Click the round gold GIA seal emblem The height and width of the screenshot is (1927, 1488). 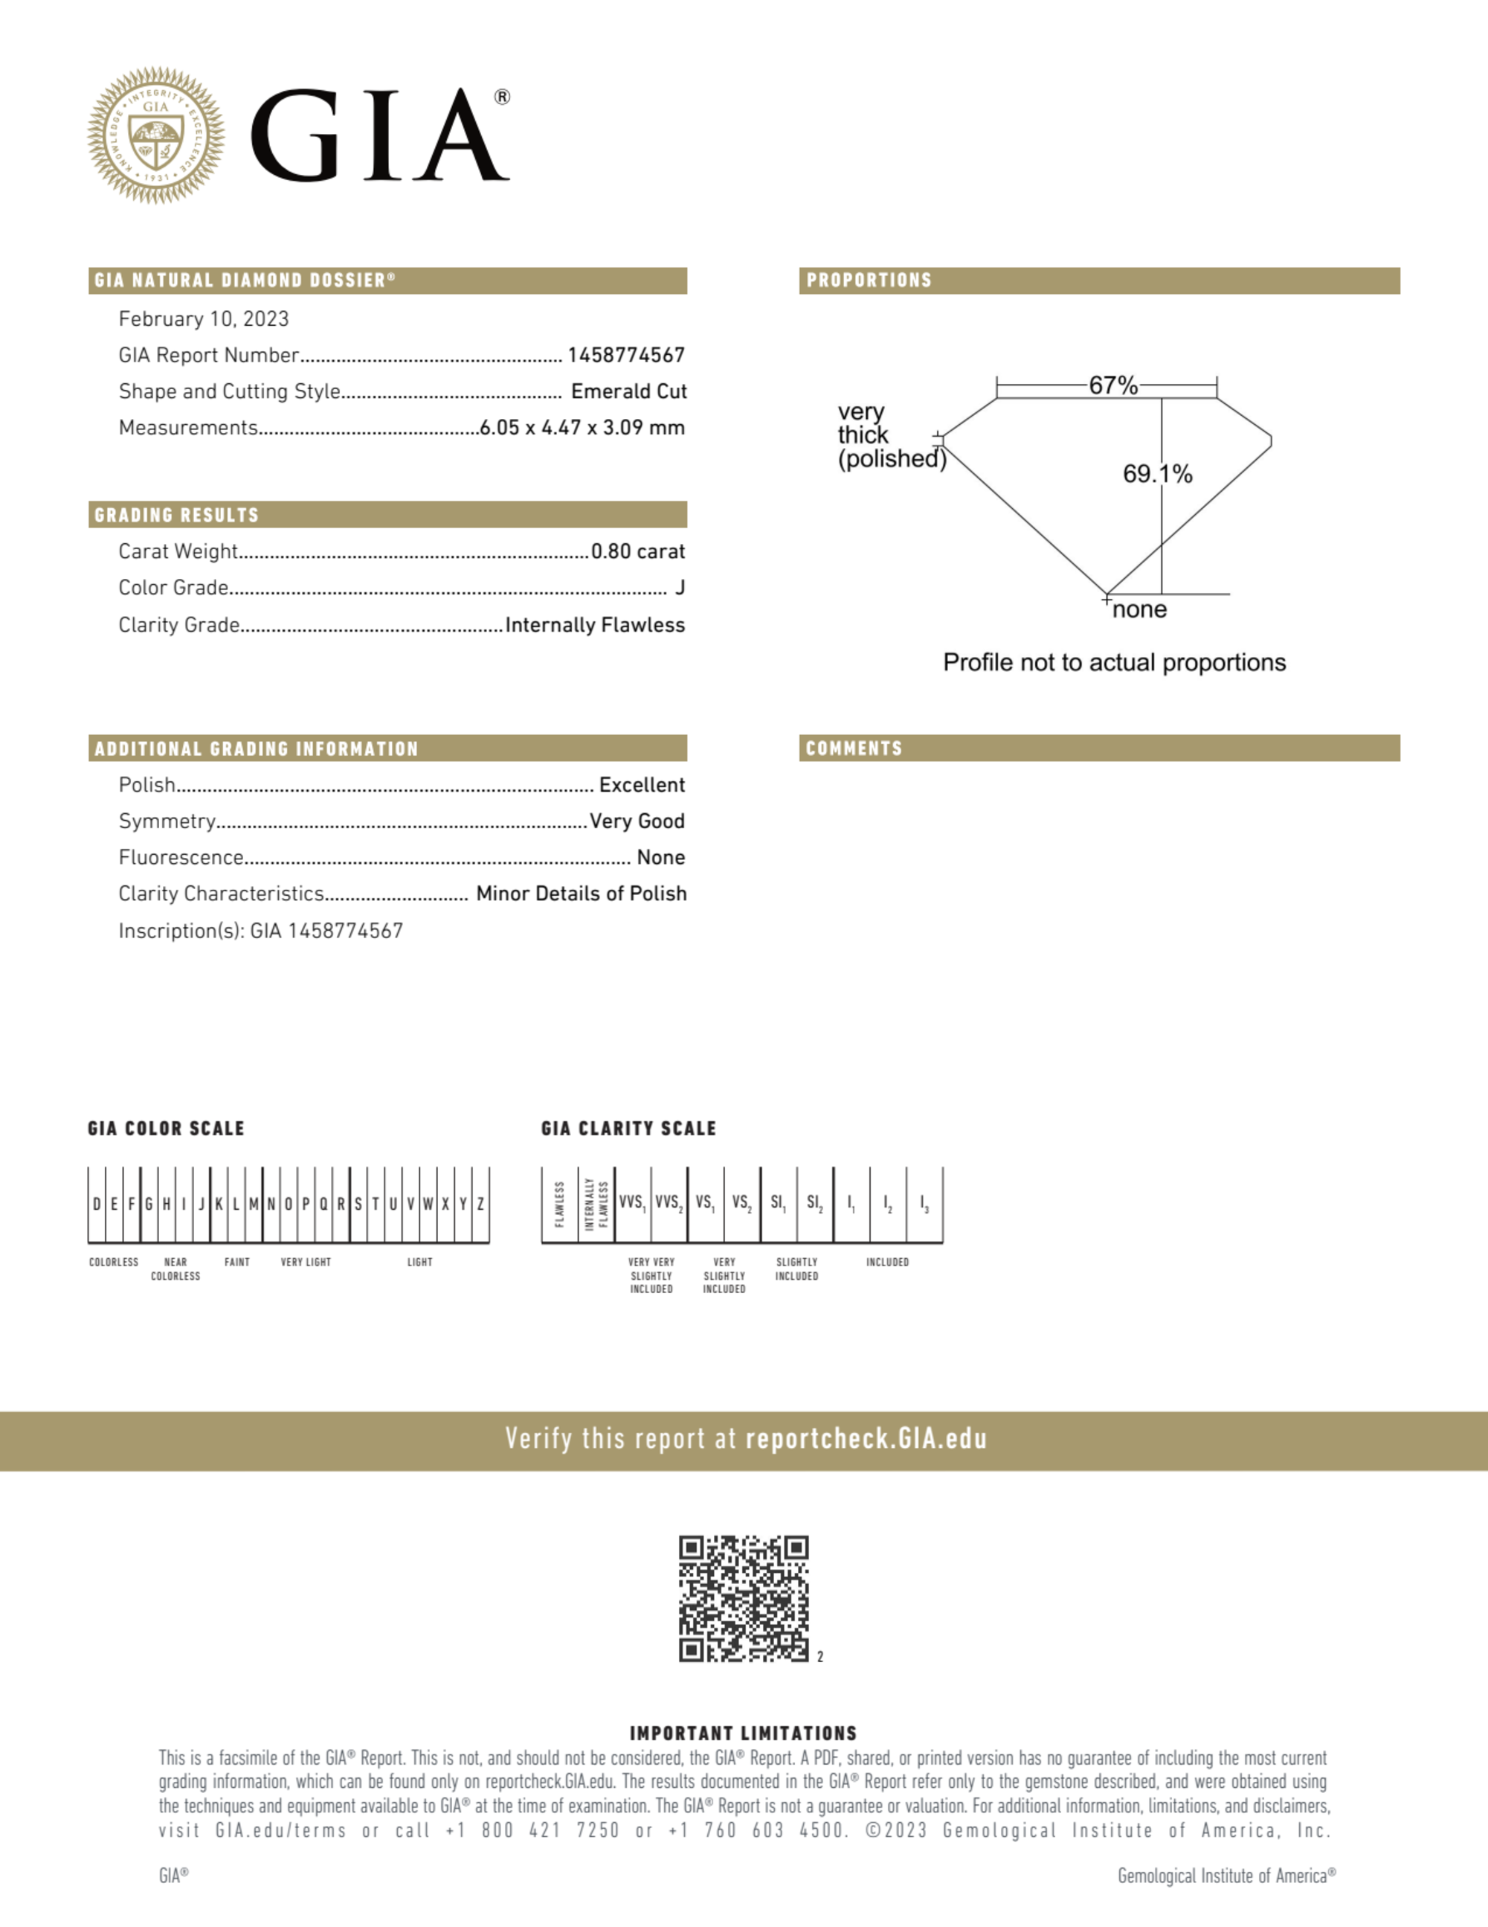coord(156,135)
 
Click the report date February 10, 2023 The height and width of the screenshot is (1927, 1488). coord(204,318)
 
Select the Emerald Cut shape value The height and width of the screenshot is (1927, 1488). coord(628,391)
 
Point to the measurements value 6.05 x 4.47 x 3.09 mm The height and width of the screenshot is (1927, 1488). coord(582,428)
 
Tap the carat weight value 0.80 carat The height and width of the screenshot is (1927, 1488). coord(638,551)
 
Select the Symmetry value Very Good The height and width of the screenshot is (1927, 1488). coord(637,821)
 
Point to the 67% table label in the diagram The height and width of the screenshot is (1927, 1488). coord(1112,385)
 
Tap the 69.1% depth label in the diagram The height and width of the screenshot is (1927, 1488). coord(1157,474)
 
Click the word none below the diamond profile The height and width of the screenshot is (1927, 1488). coord(1138,609)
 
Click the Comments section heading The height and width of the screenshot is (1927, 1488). coord(854,748)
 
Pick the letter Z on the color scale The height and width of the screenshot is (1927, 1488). coord(480,1204)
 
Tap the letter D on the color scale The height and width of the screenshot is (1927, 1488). coord(96,1204)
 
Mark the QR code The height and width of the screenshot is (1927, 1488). coord(744,1598)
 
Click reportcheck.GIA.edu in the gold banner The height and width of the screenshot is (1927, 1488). coord(866,1439)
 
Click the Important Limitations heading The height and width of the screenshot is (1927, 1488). coord(743,1733)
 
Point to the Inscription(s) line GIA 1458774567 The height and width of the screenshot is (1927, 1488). coord(261,931)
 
